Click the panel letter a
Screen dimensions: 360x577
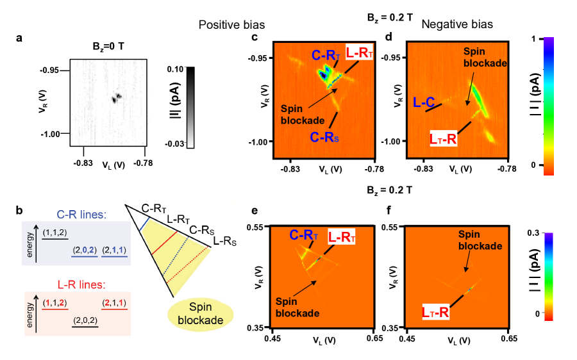tap(20, 38)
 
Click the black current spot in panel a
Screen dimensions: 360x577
tap(116, 98)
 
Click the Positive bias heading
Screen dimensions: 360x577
tap(231, 24)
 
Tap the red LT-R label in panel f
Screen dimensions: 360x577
tap(436, 313)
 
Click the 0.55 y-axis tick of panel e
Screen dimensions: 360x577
tap(258, 227)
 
